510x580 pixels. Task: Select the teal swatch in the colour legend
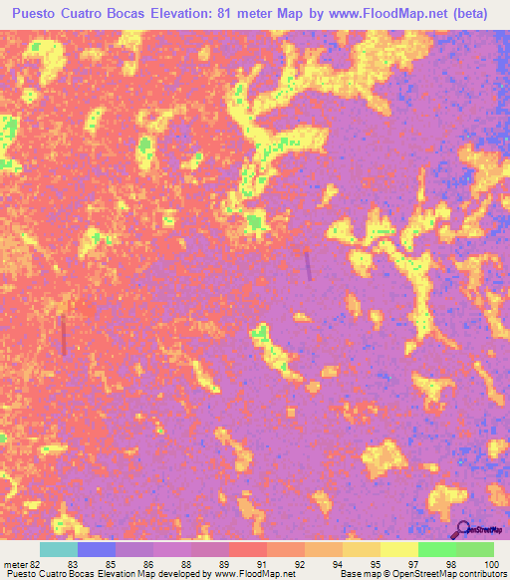[59, 549]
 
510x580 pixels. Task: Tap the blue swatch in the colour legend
[97, 549]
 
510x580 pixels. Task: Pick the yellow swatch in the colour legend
[398, 549]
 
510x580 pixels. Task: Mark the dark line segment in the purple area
[308, 265]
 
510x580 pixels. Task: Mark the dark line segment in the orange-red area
[65, 335]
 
